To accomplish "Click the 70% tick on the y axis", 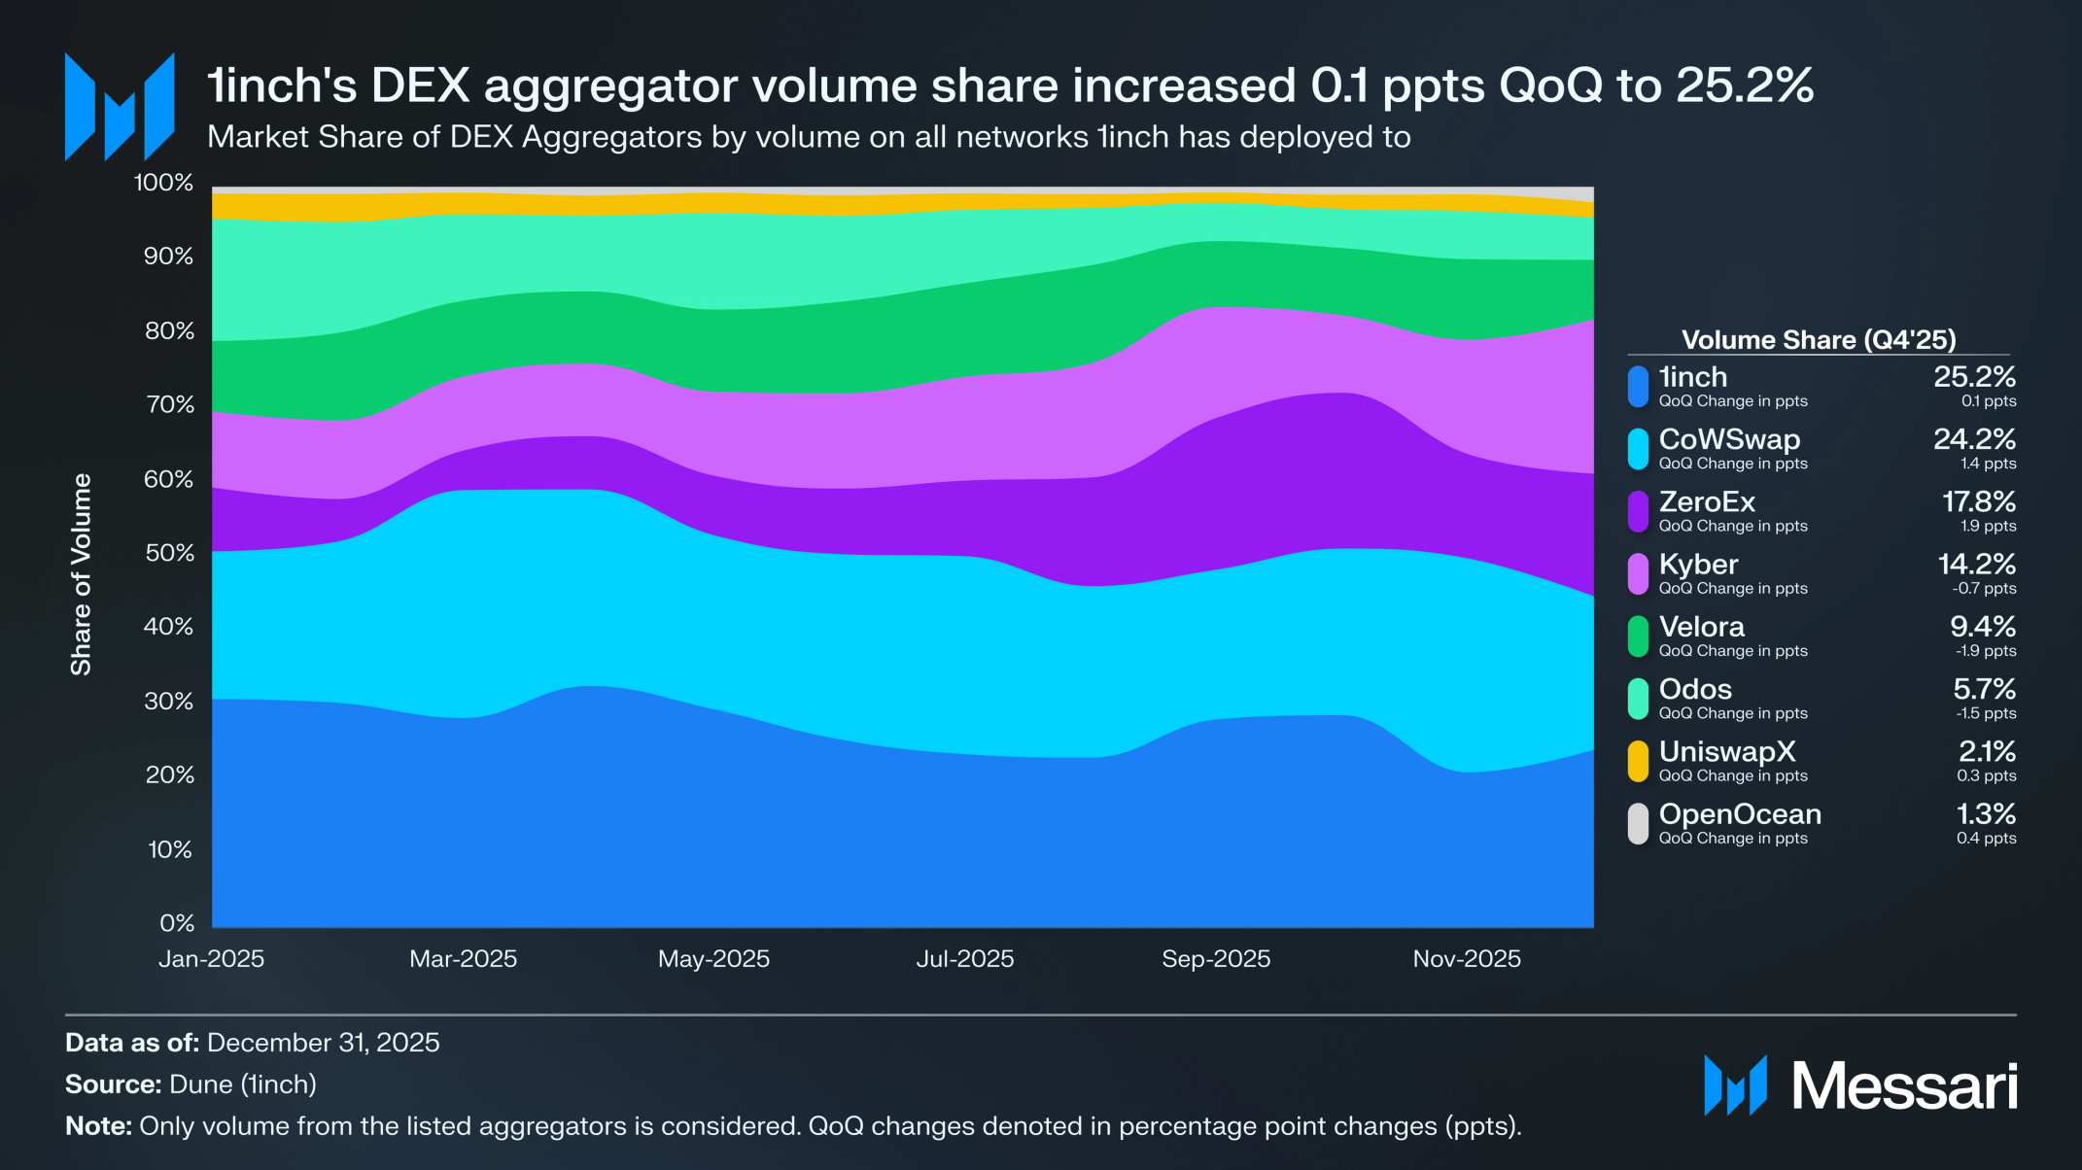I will (170, 404).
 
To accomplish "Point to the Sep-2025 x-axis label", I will (1216, 959).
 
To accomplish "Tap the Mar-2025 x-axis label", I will (463, 959).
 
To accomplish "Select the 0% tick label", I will (177, 923).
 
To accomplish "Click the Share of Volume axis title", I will (81, 574).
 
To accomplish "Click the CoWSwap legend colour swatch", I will (1638, 449).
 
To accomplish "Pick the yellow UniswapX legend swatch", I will (1638, 761).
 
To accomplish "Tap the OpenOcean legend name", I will (1740, 814).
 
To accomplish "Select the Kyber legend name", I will (1698, 565).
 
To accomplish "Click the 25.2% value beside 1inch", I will (1974, 377).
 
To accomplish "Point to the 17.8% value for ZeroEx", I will (1978, 502).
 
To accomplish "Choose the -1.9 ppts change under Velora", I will (1986, 651).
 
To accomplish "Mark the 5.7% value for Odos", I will (1984, 690).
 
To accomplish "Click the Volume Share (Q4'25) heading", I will (1819, 340).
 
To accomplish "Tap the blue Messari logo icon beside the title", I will (120, 107).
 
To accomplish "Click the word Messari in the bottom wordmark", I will (1904, 1085).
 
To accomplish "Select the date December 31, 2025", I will (323, 1043).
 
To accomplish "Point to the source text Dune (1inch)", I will (243, 1084).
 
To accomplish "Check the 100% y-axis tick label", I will (163, 183).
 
